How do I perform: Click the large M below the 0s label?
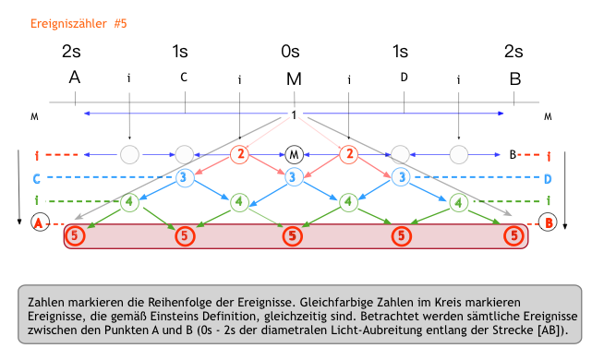click(294, 78)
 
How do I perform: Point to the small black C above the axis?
click(184, 77)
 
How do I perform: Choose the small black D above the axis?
click(404, 77)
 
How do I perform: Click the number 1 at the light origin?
click(294, 115)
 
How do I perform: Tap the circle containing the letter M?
click(294, 152)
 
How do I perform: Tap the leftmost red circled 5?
click(78, 236)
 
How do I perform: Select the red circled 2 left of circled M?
click(239, 153)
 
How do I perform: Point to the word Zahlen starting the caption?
click(48, 302)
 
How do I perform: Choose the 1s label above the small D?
click(400, 52)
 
